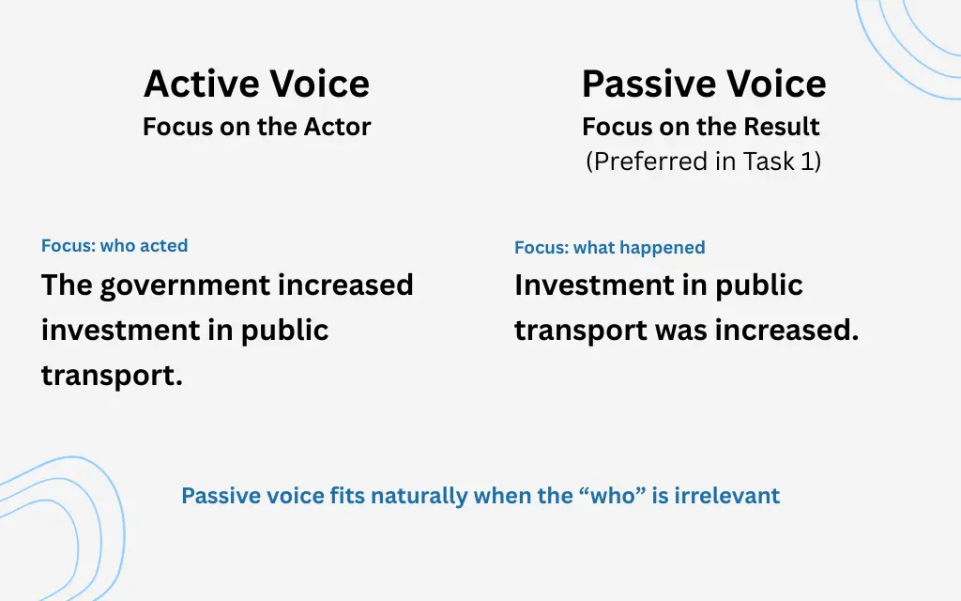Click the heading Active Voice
click(x=256, y=84)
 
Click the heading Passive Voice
click(x=704, y=84)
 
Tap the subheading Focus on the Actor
click(x=256, y=127)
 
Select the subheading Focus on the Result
click(x=701, y=127)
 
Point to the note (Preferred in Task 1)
click(x=703, y=162)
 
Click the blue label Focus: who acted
click(x=114, y=246)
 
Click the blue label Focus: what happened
click(x=609, y=248)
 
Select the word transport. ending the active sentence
click(x=112, y=376)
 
